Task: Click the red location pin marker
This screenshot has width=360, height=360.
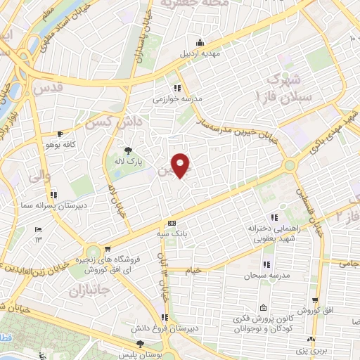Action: pos(181,165)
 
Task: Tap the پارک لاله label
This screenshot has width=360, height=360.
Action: pos(129,161)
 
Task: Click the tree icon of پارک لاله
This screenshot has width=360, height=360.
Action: pos(128,150)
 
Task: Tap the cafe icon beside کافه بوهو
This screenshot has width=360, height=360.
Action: pos(60,134)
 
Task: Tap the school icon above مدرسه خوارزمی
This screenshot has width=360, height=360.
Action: pos(179,88)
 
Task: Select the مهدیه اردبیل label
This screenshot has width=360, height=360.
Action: pos(202,53)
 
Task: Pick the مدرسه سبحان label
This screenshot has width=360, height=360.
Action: pos(266,275)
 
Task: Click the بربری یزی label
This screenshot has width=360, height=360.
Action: pos(302,349)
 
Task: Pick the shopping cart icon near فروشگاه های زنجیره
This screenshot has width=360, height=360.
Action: pos(107,248)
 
